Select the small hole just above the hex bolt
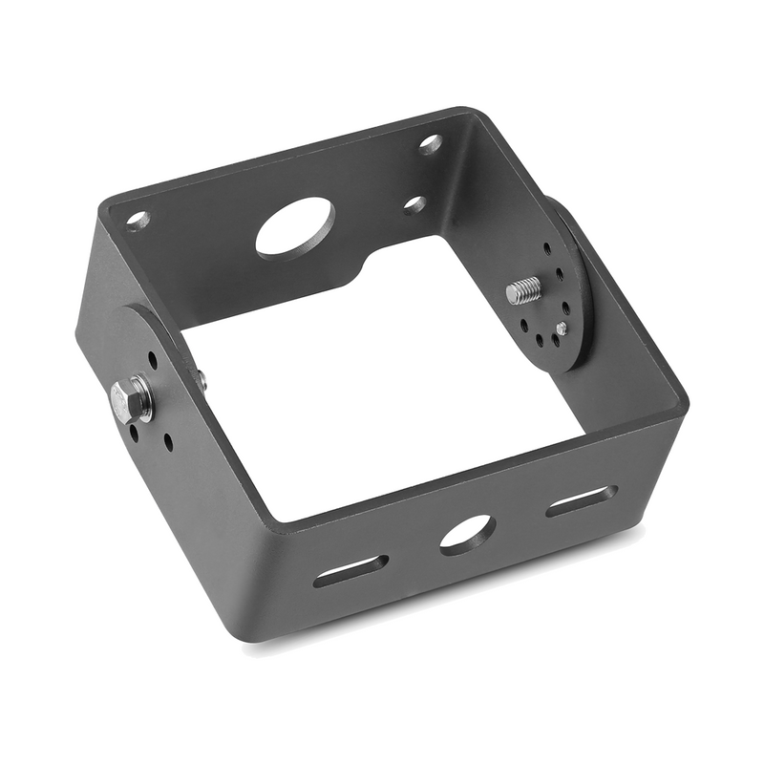152,361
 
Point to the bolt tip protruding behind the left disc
202,379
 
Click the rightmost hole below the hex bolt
168,442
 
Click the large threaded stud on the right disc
523,289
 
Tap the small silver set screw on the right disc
561,328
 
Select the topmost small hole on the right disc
546,248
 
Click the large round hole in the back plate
295,225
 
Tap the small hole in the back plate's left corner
138,220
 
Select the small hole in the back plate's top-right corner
431,144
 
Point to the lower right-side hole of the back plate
414,204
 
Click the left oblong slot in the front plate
350,570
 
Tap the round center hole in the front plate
466,534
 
